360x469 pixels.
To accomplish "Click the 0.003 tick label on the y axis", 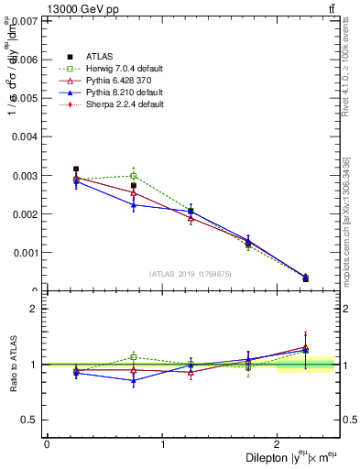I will pyautogui.click(x=26, y=175).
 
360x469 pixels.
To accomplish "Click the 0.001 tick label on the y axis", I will pyautogui.click(x=26, y=253).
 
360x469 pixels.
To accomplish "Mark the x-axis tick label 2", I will pyautogui.click(x=278, y=444).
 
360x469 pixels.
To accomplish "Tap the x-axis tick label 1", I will pyautogui.click(x=162, y=444).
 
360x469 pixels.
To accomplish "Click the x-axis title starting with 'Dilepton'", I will pyautogui.click(x=290, y=457).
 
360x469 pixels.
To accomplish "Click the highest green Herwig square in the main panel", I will pyautogui.click(x=134, y=176).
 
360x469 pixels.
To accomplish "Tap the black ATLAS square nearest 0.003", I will pyautogui.click(x=76, y=169).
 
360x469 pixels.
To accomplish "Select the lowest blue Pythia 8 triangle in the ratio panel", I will pyautogui.click(x=134, y=380).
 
